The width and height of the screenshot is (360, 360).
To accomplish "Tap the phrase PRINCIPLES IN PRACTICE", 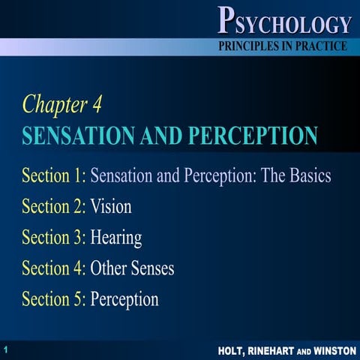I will tap(283, 46).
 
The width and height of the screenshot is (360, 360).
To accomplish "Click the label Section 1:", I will tap(54, 177).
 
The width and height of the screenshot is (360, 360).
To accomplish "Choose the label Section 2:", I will tap(54, 208).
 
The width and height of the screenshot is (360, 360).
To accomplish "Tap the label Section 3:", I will tap(54, 238).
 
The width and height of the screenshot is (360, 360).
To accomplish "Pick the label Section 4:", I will tap(54, 268).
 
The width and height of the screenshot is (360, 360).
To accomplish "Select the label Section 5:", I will tap(54, 299).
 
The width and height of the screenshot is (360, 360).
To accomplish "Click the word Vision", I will tap(111, 208).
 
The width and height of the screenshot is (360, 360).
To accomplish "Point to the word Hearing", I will tap(116, 239).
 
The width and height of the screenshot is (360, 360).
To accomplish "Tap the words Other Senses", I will tap(132, 268).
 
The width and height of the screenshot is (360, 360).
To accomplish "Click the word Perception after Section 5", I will tap(124, 299).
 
